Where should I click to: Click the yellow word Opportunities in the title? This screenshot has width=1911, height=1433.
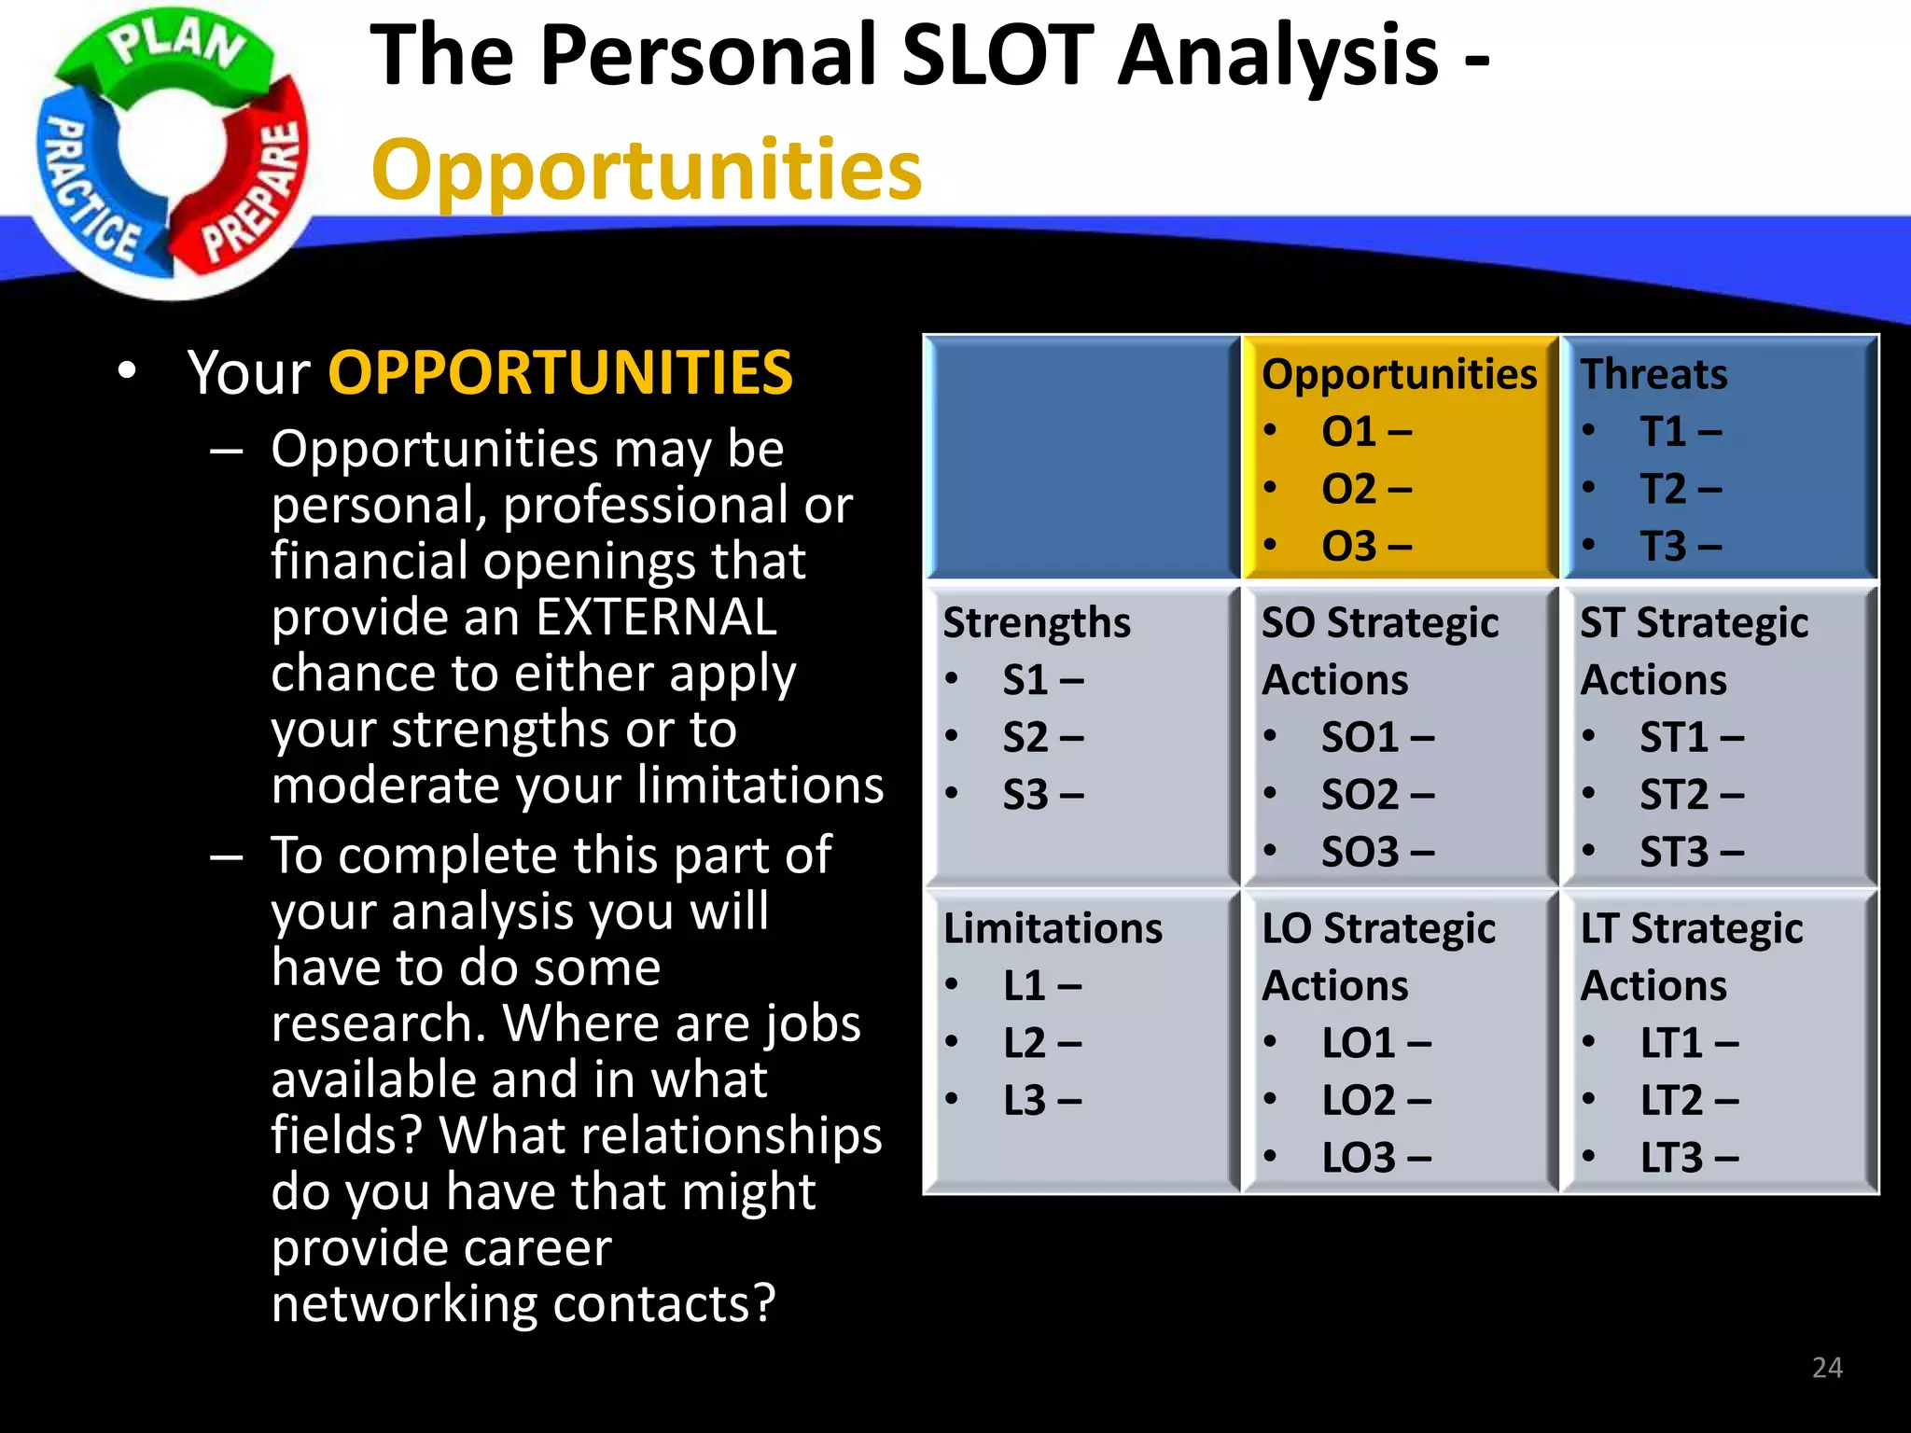(x=646, y=170)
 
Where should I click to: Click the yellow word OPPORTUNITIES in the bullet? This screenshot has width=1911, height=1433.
(x=560, y=372)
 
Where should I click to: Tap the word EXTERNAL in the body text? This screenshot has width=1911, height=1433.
(x=656, y=617)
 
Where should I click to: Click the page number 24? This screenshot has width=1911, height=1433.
(x=1826, y=1368)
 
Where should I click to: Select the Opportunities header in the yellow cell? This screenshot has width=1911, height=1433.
(x=1398, y=374)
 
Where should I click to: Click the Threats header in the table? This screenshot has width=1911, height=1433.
(x=1653, y=374)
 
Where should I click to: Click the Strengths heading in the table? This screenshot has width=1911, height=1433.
(x=1036, y=622)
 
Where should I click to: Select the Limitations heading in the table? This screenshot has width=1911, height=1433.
(x=1052, y=928)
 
